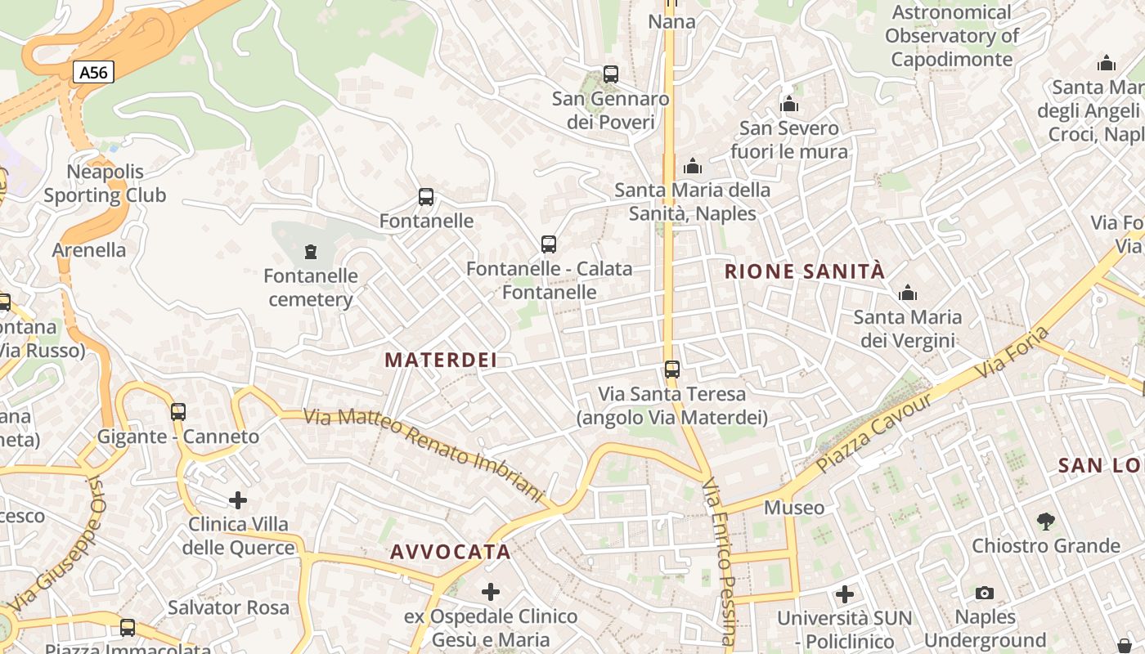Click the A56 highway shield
click(x=93, y=72)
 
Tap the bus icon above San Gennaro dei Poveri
click(x=610, y=74)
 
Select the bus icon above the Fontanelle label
click(x=425, y=197)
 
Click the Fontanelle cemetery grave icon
click(x=310, y=252)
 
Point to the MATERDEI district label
click(x=441, y=360)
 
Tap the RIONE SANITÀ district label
click(x=805, y=271)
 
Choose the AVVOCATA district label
click(x=451, y=552)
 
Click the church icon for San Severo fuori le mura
click(x=789, y=105)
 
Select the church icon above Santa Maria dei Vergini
click(x=907, y=293)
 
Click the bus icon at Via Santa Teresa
click(x=671, y=370)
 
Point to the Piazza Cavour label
click(x=874, y=432)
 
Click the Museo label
click(x=794, y=508)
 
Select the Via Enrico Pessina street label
click(x=719, y=564)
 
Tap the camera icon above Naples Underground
click(x=985, y=593)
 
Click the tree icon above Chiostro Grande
click(x=1045, y=521)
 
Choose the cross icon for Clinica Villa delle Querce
click(x=238, y=499)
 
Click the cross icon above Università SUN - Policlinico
click(x=845, y=594)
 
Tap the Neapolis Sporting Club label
click(x=105, y=183)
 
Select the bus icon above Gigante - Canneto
click(x=178, y=412)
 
